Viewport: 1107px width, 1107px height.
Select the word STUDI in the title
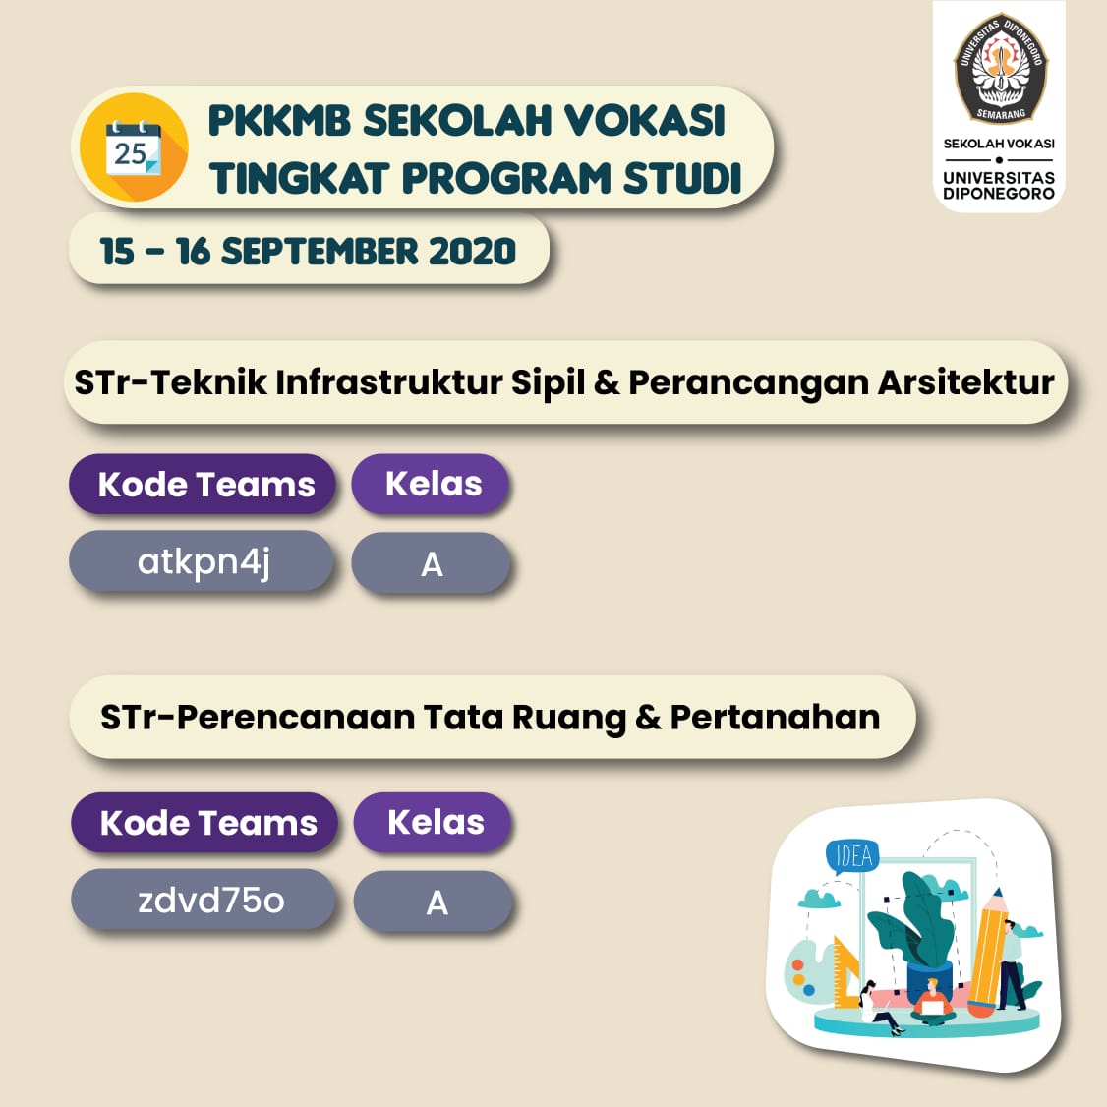(682, 177)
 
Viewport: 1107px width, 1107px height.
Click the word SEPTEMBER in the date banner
(320, 252)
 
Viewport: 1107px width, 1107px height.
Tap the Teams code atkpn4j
(204, 562)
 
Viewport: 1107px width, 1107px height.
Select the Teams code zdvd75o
(210, 901)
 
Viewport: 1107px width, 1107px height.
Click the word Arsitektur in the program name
(965, 382)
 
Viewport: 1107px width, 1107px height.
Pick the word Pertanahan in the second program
(775, 718)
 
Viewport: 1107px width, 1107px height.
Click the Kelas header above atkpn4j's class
(434, 485)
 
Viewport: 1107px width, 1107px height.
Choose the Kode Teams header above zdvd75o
(208, 823)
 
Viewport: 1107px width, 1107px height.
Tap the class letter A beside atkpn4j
(432, 564)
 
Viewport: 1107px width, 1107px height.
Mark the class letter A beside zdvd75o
(437, 903)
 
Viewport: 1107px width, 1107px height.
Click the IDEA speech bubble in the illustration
(852, 857)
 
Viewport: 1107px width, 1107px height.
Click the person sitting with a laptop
(932, 1001)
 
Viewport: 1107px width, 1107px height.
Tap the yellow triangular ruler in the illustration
(845, 972)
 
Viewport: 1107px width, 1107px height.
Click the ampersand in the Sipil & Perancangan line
(607, 382)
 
